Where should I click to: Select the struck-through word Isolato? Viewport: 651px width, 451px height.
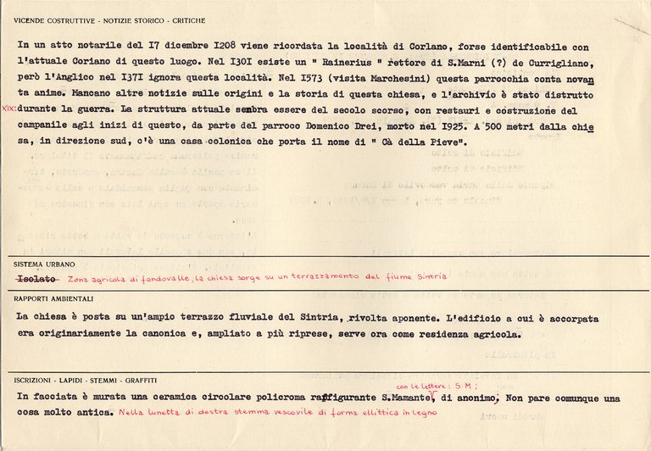pyautogui.click(x=35, y=278)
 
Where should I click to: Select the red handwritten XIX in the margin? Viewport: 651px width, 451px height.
pyautogui.click(x=8, y=109)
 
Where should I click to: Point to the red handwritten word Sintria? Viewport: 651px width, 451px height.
pyautogui.click(x=431, y=276)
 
